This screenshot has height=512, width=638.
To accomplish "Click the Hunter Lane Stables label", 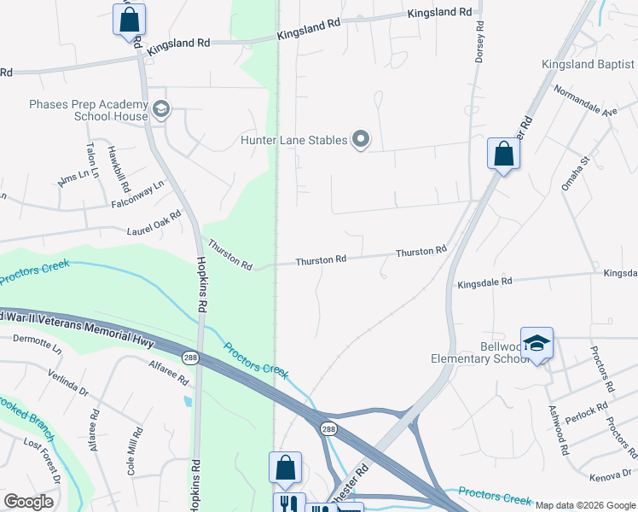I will [293, 140].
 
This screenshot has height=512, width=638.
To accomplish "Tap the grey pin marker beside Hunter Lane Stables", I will [361, 139].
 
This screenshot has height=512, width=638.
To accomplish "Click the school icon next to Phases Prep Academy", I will [161, 109].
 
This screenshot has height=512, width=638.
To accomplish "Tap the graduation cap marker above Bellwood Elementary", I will [536, 343].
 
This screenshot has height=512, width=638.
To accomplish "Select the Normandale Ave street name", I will [585, 101].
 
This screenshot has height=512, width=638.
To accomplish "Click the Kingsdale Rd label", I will [484, 282].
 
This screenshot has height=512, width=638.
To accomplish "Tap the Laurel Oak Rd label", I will [154, 224].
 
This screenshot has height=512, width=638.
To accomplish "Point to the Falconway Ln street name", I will [136, 195].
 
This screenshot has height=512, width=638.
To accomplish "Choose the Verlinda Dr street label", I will [67, 381].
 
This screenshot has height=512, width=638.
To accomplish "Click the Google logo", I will [29, 502].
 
